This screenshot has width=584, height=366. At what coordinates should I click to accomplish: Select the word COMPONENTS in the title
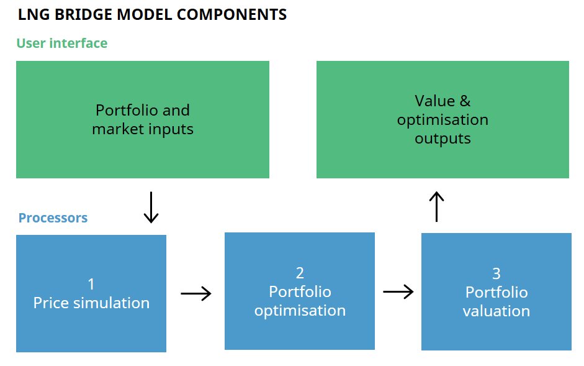click(231, 14)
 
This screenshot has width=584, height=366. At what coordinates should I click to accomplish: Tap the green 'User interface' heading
click(62, 43)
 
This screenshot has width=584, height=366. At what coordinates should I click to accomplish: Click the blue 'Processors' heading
click(53, 218)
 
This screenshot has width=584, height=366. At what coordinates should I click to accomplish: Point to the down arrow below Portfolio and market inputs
click(151, 208)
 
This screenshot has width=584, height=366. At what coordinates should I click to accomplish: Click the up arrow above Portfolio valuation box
click(436, 207)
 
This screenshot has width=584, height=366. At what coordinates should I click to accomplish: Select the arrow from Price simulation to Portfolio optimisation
click(196, 294)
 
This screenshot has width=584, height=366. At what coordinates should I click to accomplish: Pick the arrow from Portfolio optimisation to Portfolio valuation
click(398, 291)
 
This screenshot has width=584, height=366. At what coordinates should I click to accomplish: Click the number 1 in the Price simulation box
click(91, 285)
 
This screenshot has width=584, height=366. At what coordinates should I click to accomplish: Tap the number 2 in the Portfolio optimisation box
click(300, 273)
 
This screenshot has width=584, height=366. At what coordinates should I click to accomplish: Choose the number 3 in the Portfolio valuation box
click(496, 274)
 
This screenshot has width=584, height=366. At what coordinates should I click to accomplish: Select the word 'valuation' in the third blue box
click(496, 311)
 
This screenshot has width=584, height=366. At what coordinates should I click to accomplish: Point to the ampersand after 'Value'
click(465, 101)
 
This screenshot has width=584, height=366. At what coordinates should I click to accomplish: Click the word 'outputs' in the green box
click(442, 139)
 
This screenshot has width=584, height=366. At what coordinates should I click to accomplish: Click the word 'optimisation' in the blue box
click(300, 311)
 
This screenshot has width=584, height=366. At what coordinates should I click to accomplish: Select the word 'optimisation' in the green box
click(442, 120)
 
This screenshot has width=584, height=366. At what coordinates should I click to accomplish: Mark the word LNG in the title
click(34, 14)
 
